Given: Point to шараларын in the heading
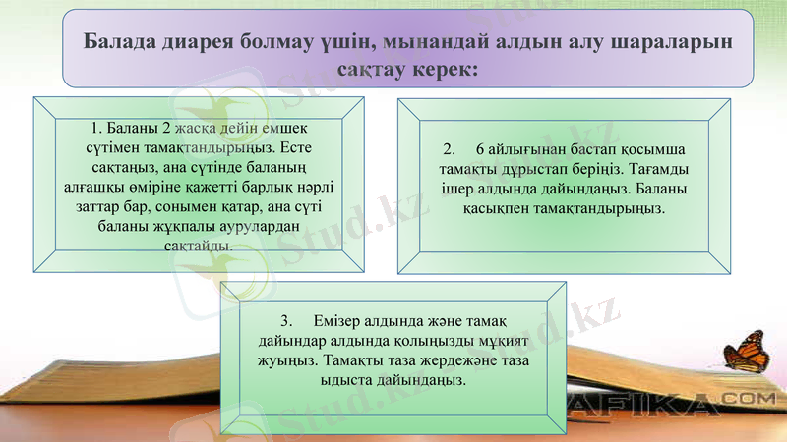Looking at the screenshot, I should pyautogui.click(x=670, y=43).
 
